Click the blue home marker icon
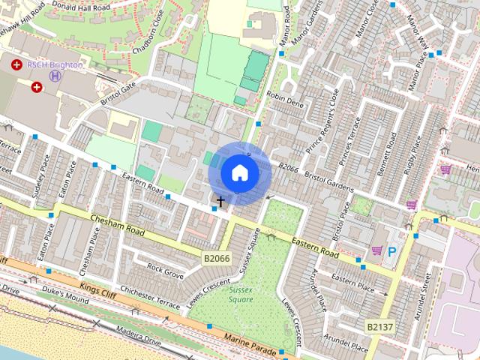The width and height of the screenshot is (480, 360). coord(239,172)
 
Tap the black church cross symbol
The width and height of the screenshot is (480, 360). coord(220,201)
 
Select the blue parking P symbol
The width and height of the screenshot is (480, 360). coord(391,253)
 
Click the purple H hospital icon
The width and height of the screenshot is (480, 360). coord(54,75)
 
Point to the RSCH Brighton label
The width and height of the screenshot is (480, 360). coord(55,64)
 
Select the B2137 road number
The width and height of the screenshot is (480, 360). coord(379,326)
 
